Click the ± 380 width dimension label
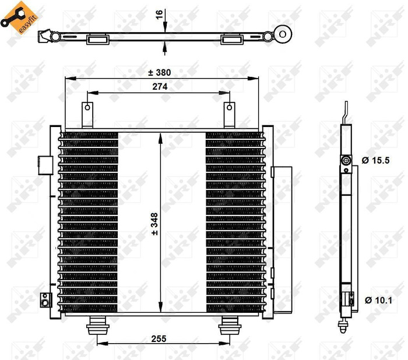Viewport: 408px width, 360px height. pyautogui.click(x=159, y=73)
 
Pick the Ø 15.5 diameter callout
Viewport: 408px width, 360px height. pyautogui.click(x=375, y=161)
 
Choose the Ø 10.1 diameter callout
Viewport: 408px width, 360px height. pyautogui.click(x=377, y=301)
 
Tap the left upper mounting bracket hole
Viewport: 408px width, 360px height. pyautogui.click(x=87, y=107)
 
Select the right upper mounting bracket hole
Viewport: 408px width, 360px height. pyautogui.click(x=230, y=107)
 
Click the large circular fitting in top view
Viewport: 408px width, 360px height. pyautogui.click(x=284, y=33)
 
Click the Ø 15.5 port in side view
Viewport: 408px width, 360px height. pyautogui.click(x=346, y=161)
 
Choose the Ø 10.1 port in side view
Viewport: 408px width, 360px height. pyautogui.click(x=349, y=301)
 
